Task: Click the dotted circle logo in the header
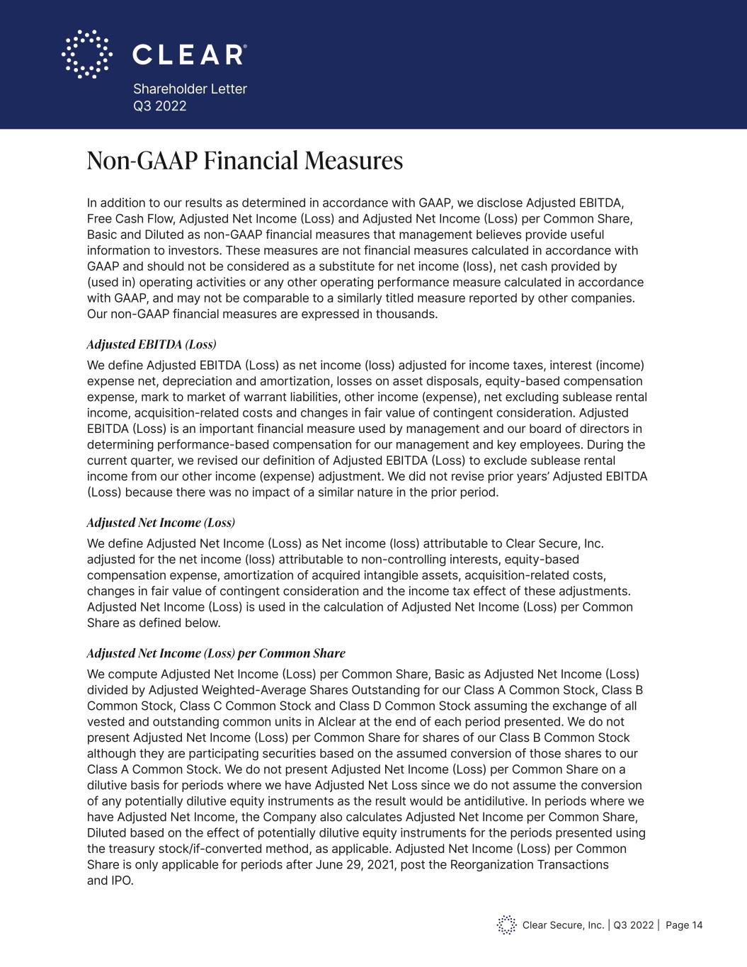(x=86, y=54)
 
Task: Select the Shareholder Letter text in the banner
(x=190, y=89)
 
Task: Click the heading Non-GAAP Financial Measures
(x=244, y=162)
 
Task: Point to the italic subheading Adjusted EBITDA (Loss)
(x=151, y=345)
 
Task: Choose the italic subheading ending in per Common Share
(x=215, y=653)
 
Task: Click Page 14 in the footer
(x=684, y=925)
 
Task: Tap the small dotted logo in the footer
(x=506, y=924)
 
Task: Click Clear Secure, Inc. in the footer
(x=563, y=925)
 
